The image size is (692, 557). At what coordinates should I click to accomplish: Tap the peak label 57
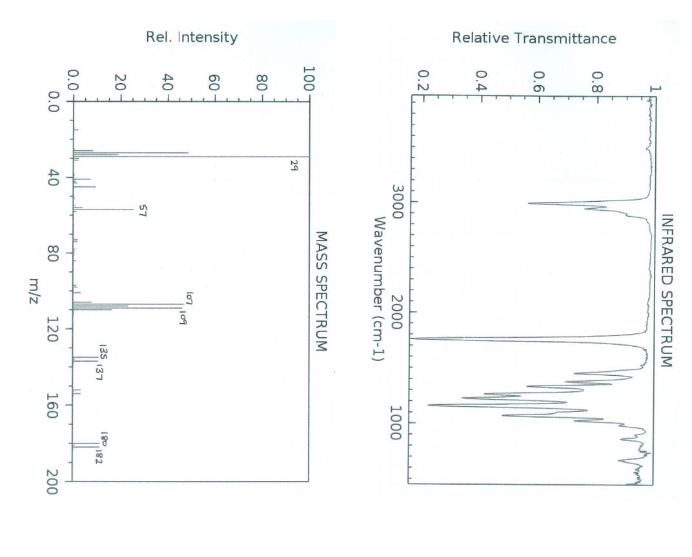click(x=144, y=210)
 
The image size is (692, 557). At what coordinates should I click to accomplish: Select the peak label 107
click(x=190, y=298)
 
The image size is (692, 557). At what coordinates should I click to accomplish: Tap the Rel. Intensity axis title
click(x=192, y=37)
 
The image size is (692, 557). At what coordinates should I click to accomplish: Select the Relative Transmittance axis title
click(x=534, y=38)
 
